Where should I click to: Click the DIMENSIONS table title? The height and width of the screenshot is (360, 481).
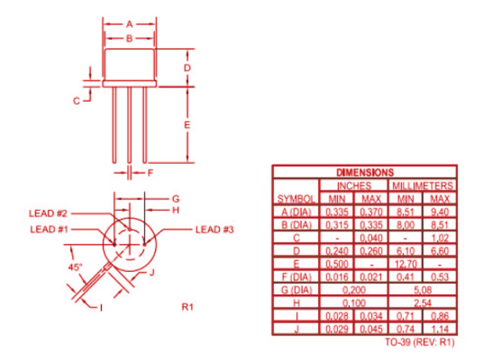[x=365, y=172]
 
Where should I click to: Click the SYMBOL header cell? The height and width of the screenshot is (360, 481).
[x=296, y=198]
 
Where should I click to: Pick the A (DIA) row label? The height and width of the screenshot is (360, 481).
[x=296, y=211]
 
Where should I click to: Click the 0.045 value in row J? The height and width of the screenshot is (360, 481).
[x=372, y=329]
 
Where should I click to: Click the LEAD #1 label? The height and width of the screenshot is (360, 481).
[x=48, y=229]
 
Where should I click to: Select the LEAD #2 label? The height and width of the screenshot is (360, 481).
[x=48, y=214]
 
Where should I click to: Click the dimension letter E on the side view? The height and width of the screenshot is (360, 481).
[x=186, y=125]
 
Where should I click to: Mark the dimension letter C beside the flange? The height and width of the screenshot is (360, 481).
[x=76, y=101]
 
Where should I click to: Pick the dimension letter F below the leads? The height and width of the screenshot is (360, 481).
[x=151, y=173]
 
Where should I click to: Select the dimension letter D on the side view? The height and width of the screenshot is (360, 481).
[x=186, y=68]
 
